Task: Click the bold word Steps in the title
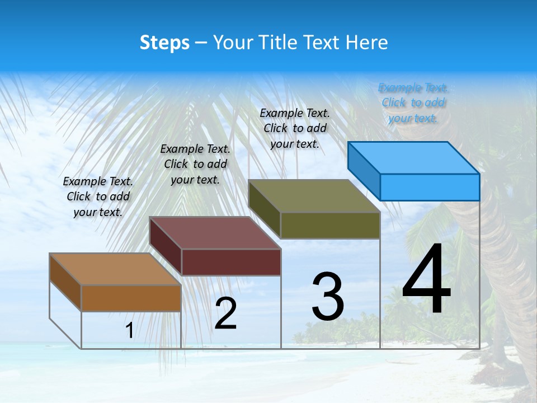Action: (x=164, y=43)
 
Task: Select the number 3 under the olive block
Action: (x=328, y=297)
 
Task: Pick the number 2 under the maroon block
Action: (x=225, y=313)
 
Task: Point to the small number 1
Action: (x=129, y=331)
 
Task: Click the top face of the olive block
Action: (x=314, y=196)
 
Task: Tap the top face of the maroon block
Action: (x=215, y=233)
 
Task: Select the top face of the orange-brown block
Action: (x=116, y=269)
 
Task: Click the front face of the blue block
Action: (x=430, y=187)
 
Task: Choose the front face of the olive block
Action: (x=330, y=226)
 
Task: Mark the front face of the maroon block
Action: (x=231, y=262)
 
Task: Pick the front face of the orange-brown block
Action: (x=131, y=298)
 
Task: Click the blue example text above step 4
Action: (x=413, y=102)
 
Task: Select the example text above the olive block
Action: (x=295, y=128)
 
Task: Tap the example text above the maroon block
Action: (x=195, y=164)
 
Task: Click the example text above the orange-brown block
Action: (x=98, y=196)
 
